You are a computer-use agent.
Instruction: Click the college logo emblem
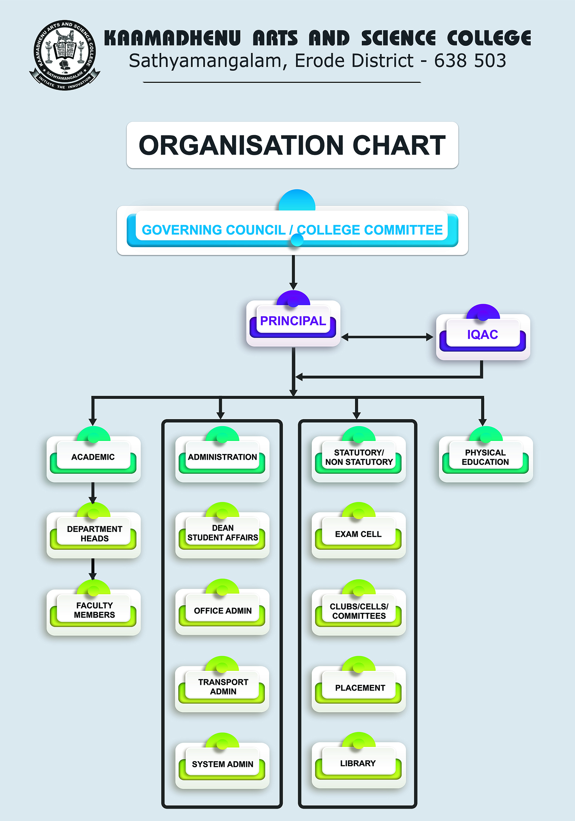tap(65, 55)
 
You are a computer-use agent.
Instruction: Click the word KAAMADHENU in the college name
tap(172, 38)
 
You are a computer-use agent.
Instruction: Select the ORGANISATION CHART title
tap(292, 145)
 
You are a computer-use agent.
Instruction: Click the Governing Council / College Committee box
tap(292, 230)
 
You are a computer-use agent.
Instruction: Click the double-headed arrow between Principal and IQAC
tap(387, 337)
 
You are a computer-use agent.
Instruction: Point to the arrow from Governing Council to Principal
tap(293, 272)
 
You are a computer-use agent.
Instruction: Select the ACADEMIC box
tap(93, 457)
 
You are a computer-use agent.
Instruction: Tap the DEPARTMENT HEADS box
tap(94, 534)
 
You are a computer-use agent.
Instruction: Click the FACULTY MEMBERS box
tap(94, 610)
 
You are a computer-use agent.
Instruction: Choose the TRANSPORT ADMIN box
tap(222, 687)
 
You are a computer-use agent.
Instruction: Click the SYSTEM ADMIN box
tap(222, 764)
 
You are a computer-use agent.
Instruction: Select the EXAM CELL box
tap(358, 534)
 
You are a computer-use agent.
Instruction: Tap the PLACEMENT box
tap(359, 688)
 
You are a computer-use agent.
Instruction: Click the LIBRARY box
tap(358, 764)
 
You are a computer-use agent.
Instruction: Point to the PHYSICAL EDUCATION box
tap(485, 457)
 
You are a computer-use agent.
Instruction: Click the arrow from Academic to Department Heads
tap(93, 493)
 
